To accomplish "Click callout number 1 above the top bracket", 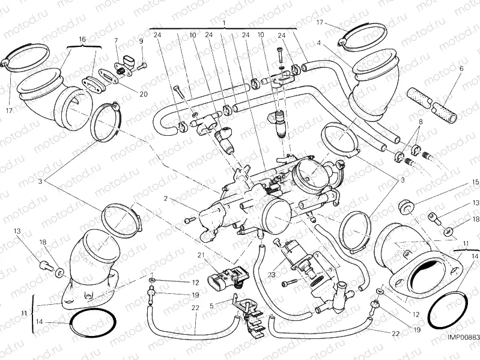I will pos(223,23).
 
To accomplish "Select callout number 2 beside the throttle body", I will pos(163,198).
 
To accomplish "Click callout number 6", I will pos(461,69).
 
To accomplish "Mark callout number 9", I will pos(141,41).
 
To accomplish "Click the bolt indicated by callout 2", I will pos(190,220).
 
